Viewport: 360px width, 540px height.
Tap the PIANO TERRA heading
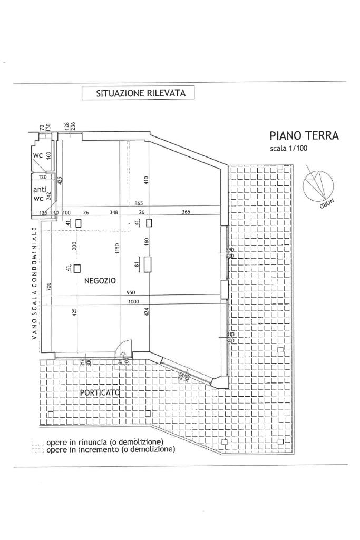tap(304, 136)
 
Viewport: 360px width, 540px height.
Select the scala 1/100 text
tap(288, 148)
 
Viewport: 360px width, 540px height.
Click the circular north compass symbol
tap(318, 184)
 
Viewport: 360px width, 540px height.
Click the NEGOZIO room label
tap(100, 281)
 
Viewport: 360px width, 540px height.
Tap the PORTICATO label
tap(100, 392)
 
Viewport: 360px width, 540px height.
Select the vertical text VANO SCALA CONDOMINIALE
tap(34, 283)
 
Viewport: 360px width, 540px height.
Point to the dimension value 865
tap(139, 203)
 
